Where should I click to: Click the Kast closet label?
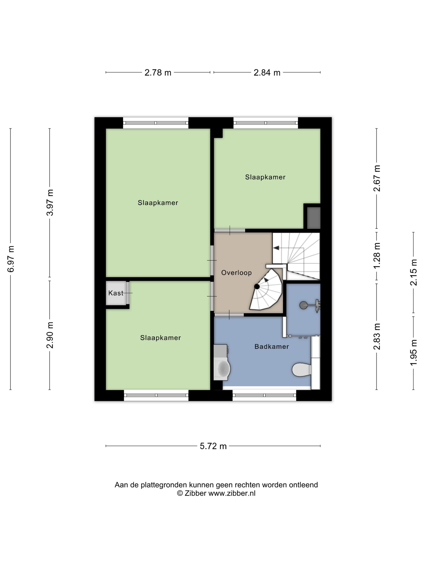click(115, 293)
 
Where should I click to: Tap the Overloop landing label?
click(236, 273)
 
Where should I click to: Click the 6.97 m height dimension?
click(11, 259)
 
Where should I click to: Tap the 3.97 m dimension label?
click(50, 203)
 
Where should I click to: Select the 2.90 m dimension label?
click(50, 335)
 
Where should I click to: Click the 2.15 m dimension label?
click(414, 272)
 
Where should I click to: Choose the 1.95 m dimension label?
click(414, 353)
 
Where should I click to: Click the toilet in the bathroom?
click(302, 369)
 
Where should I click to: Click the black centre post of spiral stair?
click(257, 287)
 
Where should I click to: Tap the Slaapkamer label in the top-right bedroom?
click(265, 177)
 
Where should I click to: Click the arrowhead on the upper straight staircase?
click(276, 248)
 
